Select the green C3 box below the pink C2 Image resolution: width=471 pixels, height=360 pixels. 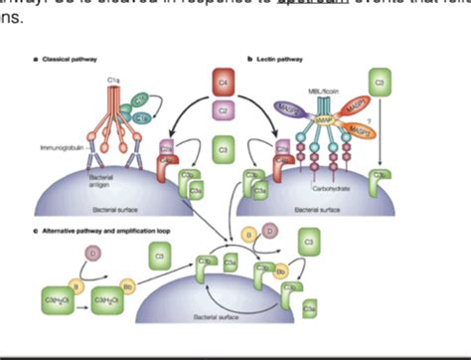tap(225, 151)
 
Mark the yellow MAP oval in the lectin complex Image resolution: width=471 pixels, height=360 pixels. tap(325, 120)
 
